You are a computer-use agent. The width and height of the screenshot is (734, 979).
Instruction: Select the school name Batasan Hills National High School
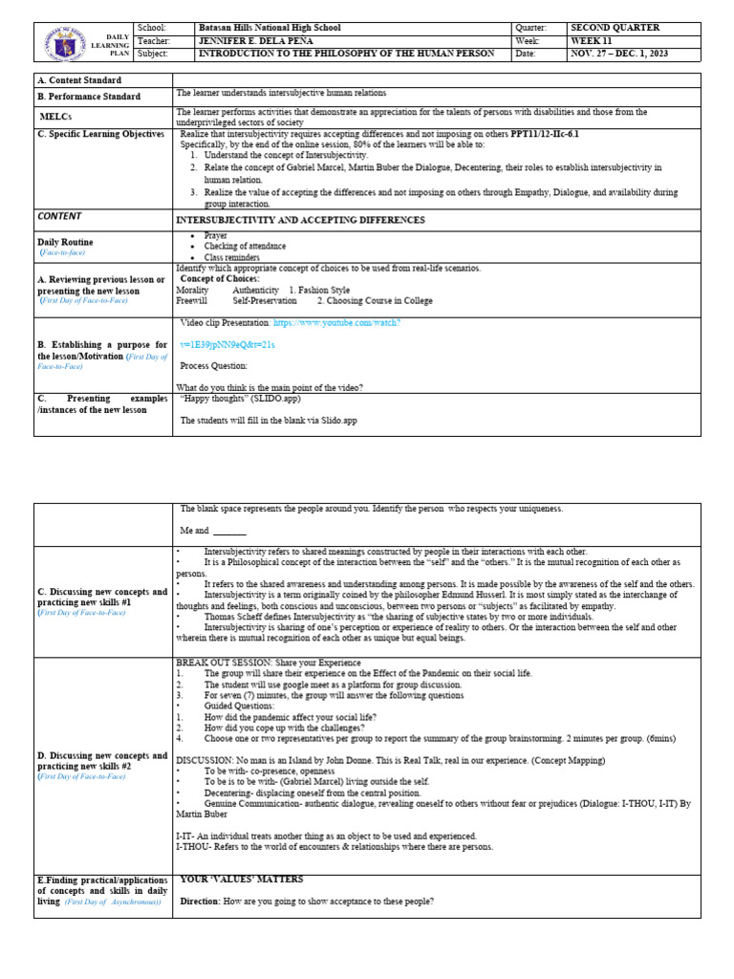click(x=268, y=29)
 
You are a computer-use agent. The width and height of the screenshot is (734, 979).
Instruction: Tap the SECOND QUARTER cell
click(x=615, y=29)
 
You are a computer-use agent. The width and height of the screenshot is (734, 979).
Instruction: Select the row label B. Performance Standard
click(x=89, y=97)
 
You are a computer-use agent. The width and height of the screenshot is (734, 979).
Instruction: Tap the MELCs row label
click(x=56, y=116)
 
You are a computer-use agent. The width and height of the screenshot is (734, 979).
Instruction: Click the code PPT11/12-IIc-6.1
click(x=545, y=135)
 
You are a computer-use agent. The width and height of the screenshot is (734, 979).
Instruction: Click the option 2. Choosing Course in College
click(x=375, y=300)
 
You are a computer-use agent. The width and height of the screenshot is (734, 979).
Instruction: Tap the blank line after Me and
click(x=229, y=531)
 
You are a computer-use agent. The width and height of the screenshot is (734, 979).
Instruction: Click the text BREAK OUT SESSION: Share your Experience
click(x=269, y=663)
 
